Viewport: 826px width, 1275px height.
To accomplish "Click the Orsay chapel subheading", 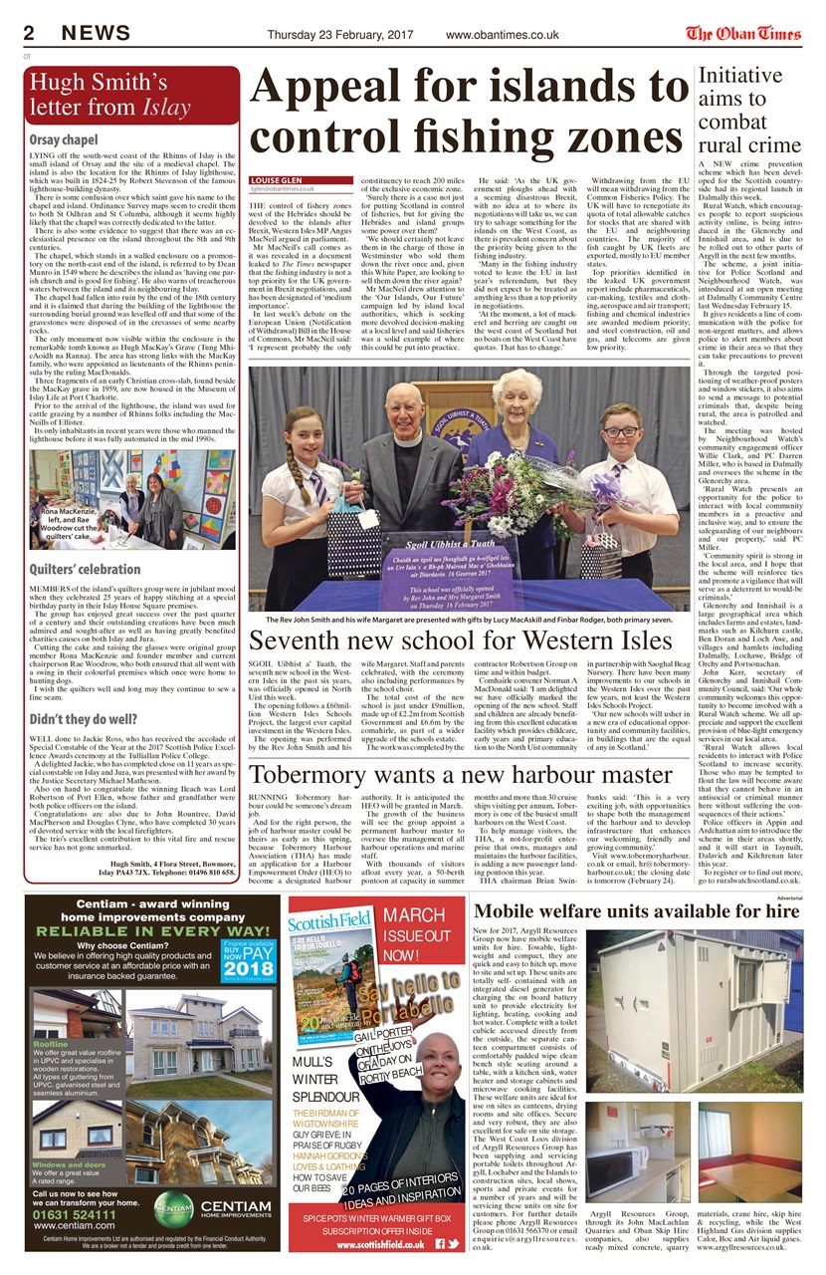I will [64, 139].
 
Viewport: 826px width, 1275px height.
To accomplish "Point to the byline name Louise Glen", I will [271, 180].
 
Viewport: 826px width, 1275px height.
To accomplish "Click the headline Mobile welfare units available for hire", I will [636, 910].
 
